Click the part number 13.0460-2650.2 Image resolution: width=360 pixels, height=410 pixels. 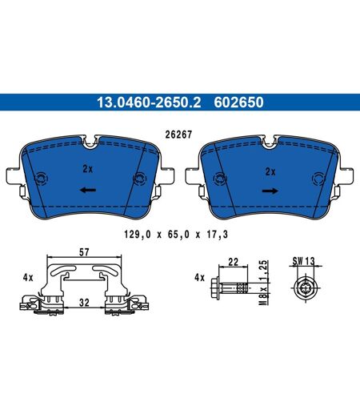[x=149, y=102]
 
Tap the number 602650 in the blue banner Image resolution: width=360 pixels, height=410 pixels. [x=238, y=102]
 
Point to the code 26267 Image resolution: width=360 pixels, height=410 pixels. [x=178, y=135]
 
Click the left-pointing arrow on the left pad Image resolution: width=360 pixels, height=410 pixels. [x=88, y=190]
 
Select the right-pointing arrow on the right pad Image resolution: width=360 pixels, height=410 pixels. [x=270, y=191]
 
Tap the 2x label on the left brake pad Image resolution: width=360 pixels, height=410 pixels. [x=87, y=169]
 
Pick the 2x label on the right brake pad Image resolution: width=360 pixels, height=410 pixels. [x=270, y=171]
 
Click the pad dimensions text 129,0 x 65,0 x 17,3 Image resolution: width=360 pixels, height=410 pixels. [x=176, y=235]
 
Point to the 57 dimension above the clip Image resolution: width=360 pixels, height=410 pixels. [x=84, y=252]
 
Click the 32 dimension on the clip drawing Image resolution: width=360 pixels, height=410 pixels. [x=84, y=303]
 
